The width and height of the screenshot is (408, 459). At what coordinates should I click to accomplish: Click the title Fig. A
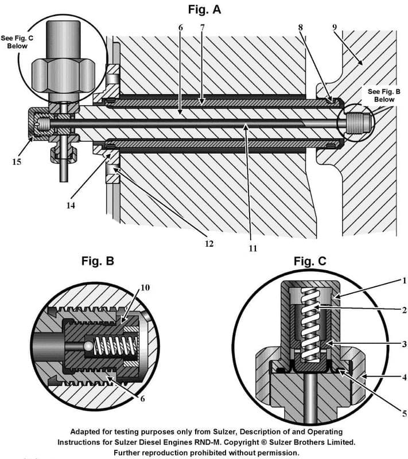tap(204, 9)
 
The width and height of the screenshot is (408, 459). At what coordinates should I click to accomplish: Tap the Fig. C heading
tap(310, 262)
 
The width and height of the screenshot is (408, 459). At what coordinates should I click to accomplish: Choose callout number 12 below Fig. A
tap(209, 243)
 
